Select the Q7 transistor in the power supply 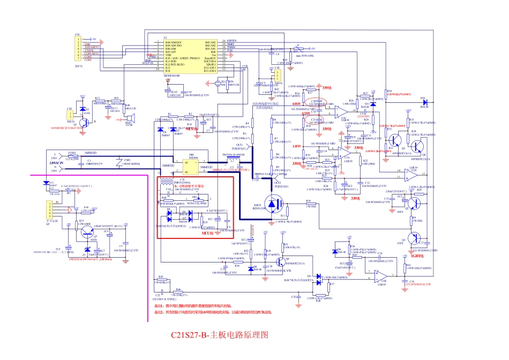tap(87, 231)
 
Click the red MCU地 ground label tap(208, 234)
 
